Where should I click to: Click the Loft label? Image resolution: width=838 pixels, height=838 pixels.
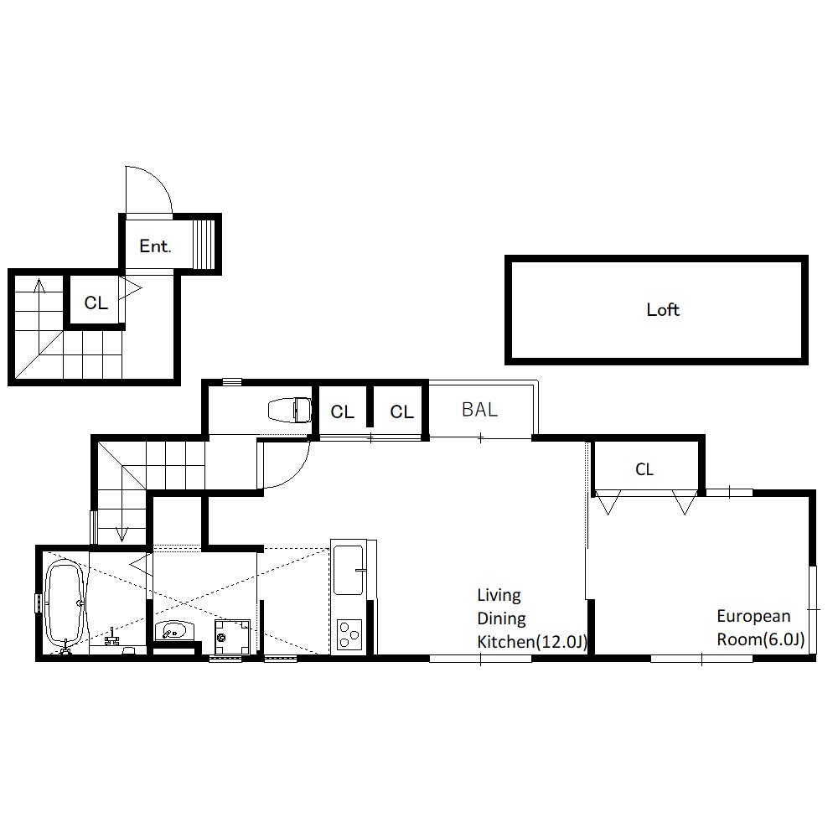pyautogui.click(x=663, y=309)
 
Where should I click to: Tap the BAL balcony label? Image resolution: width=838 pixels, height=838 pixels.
pyautogui.click(x=479, y=410)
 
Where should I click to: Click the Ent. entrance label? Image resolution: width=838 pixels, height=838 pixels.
pyautogui.click(x=155, y=246)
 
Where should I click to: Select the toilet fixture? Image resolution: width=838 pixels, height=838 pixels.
pyautogui.click(x=290, y=410)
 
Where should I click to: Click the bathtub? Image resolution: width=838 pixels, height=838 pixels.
pyautogui.click(x=65, y=603)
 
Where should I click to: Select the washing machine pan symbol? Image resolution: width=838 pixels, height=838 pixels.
pyautogui.click(x=232, y=637)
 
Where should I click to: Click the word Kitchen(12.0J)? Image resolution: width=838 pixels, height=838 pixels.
pyautogui.click(x=532, y=641)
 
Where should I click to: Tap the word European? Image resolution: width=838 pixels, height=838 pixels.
pyautogui.click(x=753, y=616)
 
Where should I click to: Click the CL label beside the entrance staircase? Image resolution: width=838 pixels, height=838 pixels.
pyautogui.click(x=96, y=303)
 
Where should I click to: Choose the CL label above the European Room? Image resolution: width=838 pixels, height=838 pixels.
pyautogui.click(x=644, y=469)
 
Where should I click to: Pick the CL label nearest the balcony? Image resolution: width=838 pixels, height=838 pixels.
pyautogui.click(x=402, y=411)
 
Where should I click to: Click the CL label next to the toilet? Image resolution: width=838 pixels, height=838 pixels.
pyautogui.click(x=343, y=411)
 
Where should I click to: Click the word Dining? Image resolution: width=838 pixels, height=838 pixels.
pyautogui.click(x=501, y=618)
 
